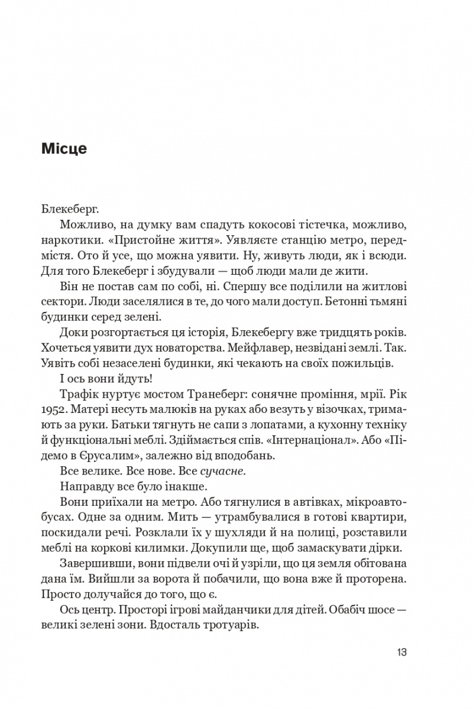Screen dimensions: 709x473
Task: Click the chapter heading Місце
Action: pos(64,149)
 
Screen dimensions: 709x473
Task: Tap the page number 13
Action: pos(400,653)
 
